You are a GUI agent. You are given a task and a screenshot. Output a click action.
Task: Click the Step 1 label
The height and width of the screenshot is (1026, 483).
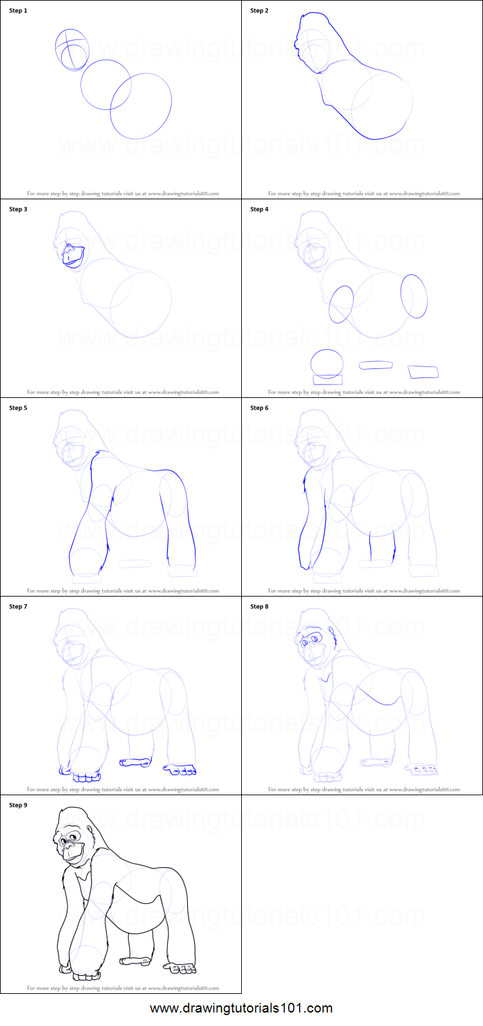19,10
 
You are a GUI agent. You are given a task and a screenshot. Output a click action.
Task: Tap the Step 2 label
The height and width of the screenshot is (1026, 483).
259,10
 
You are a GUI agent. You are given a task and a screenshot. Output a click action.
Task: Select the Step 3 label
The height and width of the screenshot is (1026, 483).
19,210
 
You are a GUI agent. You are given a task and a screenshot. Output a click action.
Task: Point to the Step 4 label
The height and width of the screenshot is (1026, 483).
259,210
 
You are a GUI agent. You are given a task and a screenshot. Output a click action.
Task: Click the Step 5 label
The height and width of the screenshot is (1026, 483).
19,408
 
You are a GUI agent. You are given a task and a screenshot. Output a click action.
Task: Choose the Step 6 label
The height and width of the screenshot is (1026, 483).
259,408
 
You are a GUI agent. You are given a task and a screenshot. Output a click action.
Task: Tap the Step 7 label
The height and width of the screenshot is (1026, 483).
19,607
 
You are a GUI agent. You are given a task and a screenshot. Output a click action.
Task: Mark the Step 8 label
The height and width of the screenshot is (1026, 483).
259,607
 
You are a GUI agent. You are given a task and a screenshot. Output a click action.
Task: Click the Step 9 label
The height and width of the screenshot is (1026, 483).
19,806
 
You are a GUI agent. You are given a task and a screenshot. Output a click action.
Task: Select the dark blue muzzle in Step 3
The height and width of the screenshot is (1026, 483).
73,256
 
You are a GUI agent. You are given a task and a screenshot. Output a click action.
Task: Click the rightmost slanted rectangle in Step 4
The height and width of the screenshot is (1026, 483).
423,372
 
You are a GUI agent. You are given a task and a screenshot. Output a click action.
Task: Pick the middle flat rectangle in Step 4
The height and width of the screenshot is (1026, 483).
376,365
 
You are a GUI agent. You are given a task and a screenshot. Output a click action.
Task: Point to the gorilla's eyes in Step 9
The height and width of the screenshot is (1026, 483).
69,838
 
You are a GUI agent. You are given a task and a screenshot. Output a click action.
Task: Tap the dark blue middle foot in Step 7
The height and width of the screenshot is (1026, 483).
135,762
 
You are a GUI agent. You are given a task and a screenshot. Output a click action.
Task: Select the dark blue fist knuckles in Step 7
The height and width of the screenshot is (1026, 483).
87,777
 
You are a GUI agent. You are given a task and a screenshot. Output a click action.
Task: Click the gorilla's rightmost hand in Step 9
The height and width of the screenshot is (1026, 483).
180,968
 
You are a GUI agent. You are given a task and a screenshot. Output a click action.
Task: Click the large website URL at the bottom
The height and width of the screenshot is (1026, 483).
242,1008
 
